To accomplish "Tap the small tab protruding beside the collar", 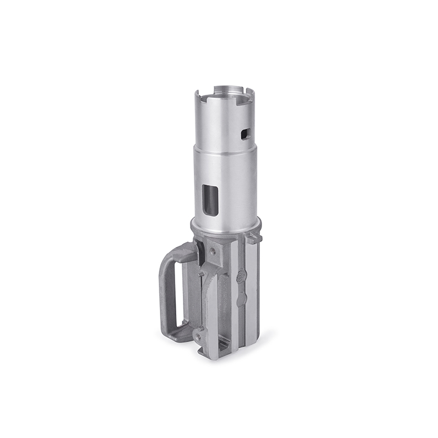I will click(250, 239).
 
